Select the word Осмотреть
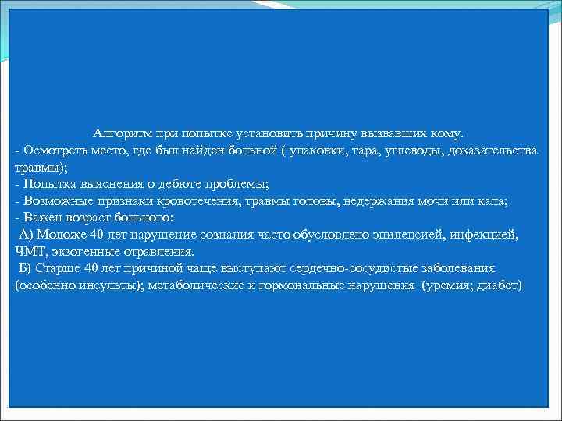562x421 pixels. tap(51, 150)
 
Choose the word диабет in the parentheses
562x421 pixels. tap(503, 286)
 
